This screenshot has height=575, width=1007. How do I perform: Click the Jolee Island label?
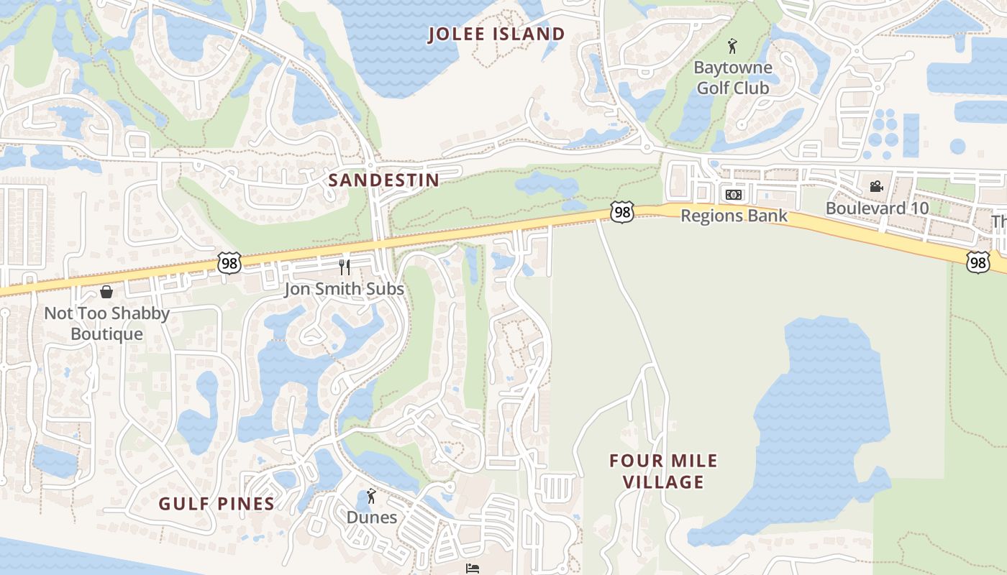497,34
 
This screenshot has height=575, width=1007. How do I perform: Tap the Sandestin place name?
383,180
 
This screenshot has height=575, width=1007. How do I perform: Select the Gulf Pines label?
217,504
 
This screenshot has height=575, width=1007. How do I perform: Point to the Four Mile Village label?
663,471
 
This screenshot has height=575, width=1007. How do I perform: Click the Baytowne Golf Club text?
732,78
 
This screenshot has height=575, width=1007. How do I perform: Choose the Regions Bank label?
734,216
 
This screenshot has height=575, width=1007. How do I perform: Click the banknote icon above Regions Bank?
733,195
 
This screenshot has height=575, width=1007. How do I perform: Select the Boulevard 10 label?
877,208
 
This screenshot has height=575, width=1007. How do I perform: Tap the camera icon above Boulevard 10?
876,187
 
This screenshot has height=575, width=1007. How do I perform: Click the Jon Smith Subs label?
344,289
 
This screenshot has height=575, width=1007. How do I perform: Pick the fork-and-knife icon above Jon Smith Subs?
345,267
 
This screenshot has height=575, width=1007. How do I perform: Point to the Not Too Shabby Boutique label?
106,323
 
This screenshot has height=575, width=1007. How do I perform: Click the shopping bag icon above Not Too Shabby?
106,292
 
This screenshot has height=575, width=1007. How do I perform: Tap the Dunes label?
371,517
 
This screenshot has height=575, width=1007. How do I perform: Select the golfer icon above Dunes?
371,496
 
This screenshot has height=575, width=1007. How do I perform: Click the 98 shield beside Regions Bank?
622,212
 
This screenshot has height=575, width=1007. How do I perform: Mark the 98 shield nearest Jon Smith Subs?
229,262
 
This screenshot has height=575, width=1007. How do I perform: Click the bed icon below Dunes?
472,569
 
